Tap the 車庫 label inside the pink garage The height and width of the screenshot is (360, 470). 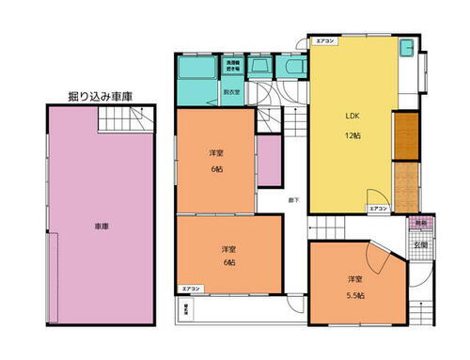(x=101, y=226)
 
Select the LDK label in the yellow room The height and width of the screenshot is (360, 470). (x=352, y=116)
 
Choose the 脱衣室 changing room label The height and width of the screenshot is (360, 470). (x=232, y=92)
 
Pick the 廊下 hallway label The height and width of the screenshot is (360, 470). (x=294, y=200)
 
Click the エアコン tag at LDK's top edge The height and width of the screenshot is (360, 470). (x=324, y=42)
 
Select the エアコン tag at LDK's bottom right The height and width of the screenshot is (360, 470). (x=378, y=208)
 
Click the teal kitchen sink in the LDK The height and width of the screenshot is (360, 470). (x=407, y=49)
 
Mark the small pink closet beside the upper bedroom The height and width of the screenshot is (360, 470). (x=270, y=161)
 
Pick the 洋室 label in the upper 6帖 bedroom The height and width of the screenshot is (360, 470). (x=215, y=152)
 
